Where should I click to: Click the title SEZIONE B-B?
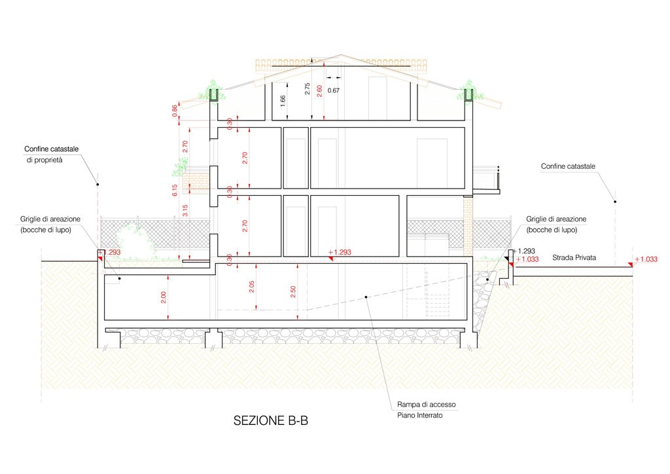pyautogui.click(x=270, y=420)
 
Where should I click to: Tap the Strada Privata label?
pyautogui.click(x=574, y=258)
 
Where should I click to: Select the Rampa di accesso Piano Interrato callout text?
pyautogui.click(x=426, y=409)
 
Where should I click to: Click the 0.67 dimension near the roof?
pyautogui.click(x=333, y=90)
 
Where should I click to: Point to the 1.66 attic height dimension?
pyautogui.click(x=283, y=101)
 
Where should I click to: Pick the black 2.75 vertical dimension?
pyautogui.click(x=308, y=89)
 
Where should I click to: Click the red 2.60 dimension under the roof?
pyautogui.click(x=319, y=91)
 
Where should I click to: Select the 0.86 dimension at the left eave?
pyautogui.click(x=174, y=111)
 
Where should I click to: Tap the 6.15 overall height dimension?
pyautogui.click(x=174, y=191)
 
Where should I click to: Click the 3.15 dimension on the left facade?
pyautogui.click(x=185, y=210)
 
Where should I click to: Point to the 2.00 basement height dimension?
pyautogui.click(x=163, y=297)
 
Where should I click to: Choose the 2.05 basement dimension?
pyautogui.click(x=251, y=287)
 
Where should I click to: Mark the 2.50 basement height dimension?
pyautogui.click(x=292, y=292)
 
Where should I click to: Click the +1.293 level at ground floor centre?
pyautogui.click(x=340, y=252)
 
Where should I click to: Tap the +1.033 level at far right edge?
pyautogui.click(x=646, y=259)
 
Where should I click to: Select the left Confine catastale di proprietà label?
pyautogui.click(x=51, y=155)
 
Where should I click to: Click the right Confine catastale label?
pyautogui.click(x=568, y=166)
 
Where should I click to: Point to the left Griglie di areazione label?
pyautogui.click(x=50, y=225)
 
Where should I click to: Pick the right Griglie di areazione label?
pyautogui.click(x=556, y=225)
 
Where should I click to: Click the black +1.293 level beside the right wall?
pyautogui.click(x=523, y=251)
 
